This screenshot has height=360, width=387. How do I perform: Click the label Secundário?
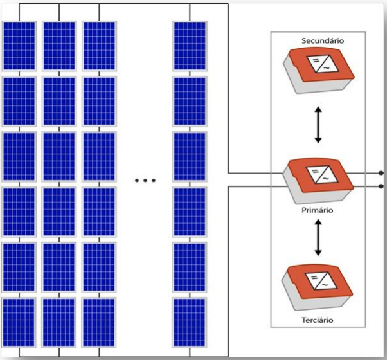point(323,41)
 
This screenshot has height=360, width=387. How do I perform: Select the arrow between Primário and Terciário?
point(318,237)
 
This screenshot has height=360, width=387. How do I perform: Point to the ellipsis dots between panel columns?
point(145,181)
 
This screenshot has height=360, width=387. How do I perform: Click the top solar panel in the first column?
point(19,47)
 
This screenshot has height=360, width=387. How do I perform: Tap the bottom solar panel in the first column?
point(19,322)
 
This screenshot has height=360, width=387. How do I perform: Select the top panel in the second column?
point(59,47)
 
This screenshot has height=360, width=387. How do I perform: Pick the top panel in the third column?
point(99,47)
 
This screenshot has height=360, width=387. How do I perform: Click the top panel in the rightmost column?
point(190,47)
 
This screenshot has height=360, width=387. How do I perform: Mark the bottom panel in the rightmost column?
point(190,322)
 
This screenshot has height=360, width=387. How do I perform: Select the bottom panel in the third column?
point(99,322)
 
